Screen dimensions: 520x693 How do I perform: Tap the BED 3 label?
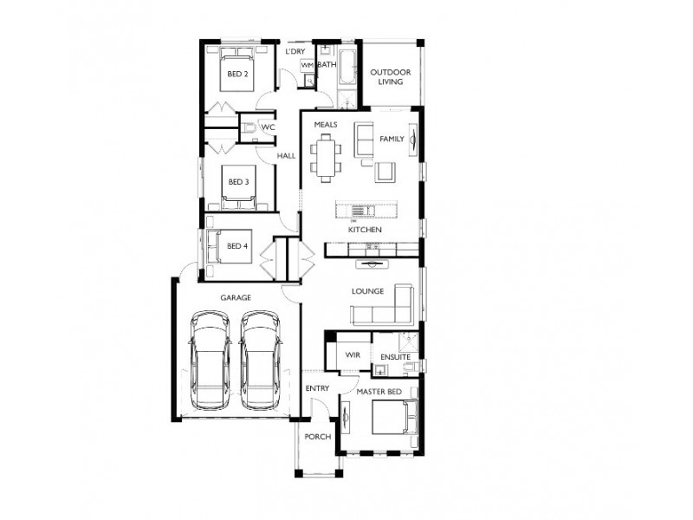click(238, 182)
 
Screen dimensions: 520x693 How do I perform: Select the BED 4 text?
click(237, 245)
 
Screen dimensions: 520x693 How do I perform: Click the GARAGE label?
click(235, 297)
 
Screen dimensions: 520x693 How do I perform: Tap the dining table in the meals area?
click(327, 159)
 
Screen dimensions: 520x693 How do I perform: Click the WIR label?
click(353, 355)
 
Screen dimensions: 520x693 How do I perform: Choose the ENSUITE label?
click(395, 356)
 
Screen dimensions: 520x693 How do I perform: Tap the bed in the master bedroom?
click(395, 420)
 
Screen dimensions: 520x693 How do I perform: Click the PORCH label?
click(317, 437)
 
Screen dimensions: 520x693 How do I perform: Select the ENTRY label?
click(317, 388)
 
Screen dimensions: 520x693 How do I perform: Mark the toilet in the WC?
click(249, 128)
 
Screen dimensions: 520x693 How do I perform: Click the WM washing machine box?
click(307, 66)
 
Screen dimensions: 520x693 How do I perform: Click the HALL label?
click(286, 156)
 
